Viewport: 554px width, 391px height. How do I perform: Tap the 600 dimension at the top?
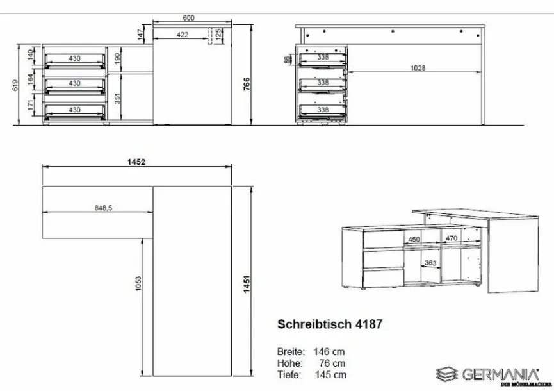point(188,17)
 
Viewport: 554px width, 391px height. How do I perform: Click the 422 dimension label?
point(183,35)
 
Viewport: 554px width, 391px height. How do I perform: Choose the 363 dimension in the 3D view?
point(430,263)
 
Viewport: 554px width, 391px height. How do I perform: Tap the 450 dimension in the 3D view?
point(414,239)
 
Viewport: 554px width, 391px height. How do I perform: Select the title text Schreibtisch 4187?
point(329,324)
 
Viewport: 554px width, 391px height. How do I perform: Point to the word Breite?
point(290,351)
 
